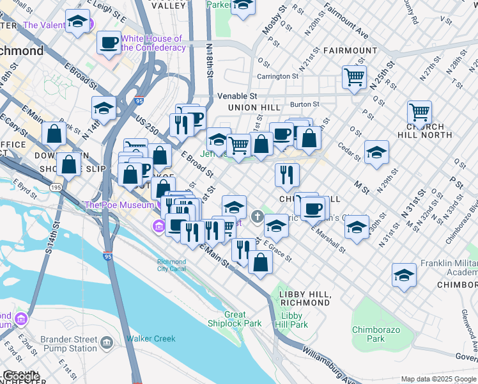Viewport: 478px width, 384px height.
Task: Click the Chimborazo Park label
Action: point(368,334)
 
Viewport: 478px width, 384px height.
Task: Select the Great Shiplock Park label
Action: point(243,319)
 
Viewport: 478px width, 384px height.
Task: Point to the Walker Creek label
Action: point(151,339)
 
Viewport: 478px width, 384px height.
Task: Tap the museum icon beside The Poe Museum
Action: point(158,226)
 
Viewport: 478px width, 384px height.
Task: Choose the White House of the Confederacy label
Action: point(153,43)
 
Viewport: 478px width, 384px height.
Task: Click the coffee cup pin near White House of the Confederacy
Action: point(109,43)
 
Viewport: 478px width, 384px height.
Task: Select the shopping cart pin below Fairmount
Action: point(353,77)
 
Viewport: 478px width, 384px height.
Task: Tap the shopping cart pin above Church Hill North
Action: point(419,113)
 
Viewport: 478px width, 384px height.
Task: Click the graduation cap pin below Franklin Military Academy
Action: point(404,275)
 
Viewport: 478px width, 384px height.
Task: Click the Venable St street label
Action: point(237,96)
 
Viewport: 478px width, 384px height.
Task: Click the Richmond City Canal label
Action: point(172,266)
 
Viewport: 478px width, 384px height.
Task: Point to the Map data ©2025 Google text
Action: point(438,379)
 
